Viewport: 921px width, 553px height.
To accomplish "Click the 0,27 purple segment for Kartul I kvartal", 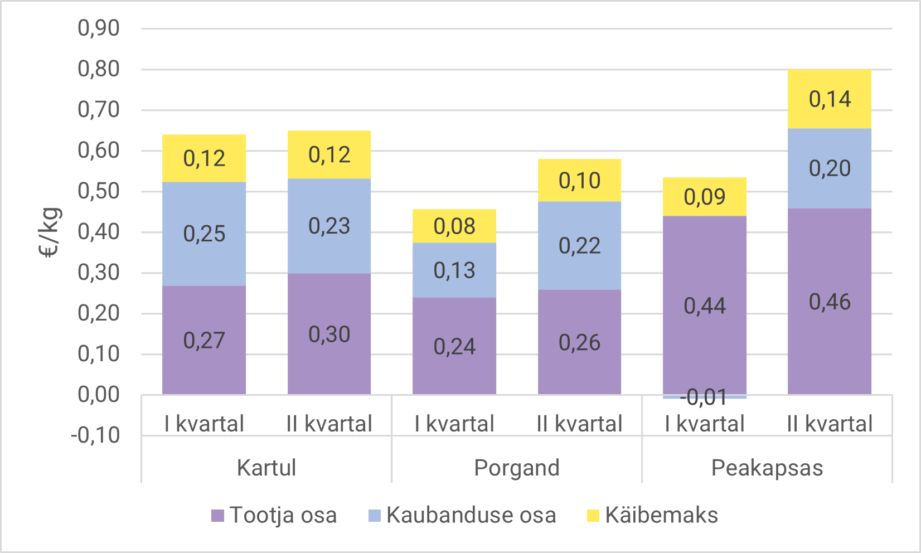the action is pos(204,340).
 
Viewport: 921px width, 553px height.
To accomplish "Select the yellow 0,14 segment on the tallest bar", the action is pos(830,99).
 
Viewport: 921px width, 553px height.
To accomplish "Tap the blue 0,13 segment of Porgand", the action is pos(454,270).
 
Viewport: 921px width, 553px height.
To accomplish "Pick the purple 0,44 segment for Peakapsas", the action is pos(705,305).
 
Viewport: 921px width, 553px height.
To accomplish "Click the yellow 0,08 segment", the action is pos(454,226).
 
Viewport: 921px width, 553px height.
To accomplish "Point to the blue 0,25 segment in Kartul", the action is pos(204,234).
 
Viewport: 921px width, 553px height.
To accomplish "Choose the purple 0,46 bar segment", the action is pos(830,302).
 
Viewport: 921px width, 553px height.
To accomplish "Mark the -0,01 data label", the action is pos(704,397).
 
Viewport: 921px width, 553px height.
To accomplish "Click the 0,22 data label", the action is pos(579,246).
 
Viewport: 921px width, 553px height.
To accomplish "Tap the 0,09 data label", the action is pos(704,197).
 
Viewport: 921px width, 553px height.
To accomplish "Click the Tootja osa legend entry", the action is pos(274,515).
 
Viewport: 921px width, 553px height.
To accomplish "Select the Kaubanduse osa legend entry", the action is pos(462,515).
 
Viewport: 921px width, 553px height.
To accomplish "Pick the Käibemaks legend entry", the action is pos(652,515).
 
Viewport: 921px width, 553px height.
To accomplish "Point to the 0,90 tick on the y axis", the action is pos(98,28).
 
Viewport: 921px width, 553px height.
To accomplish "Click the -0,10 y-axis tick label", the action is pos(95,435).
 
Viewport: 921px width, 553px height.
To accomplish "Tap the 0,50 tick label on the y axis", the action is pos(98,191).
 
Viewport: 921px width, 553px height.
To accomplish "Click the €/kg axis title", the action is pos(50,232).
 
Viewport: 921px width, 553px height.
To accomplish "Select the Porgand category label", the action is pos(517,468).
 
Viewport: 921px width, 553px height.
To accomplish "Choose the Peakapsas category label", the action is pos(767,468).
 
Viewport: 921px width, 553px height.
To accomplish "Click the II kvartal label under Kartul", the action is pos(329,424).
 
